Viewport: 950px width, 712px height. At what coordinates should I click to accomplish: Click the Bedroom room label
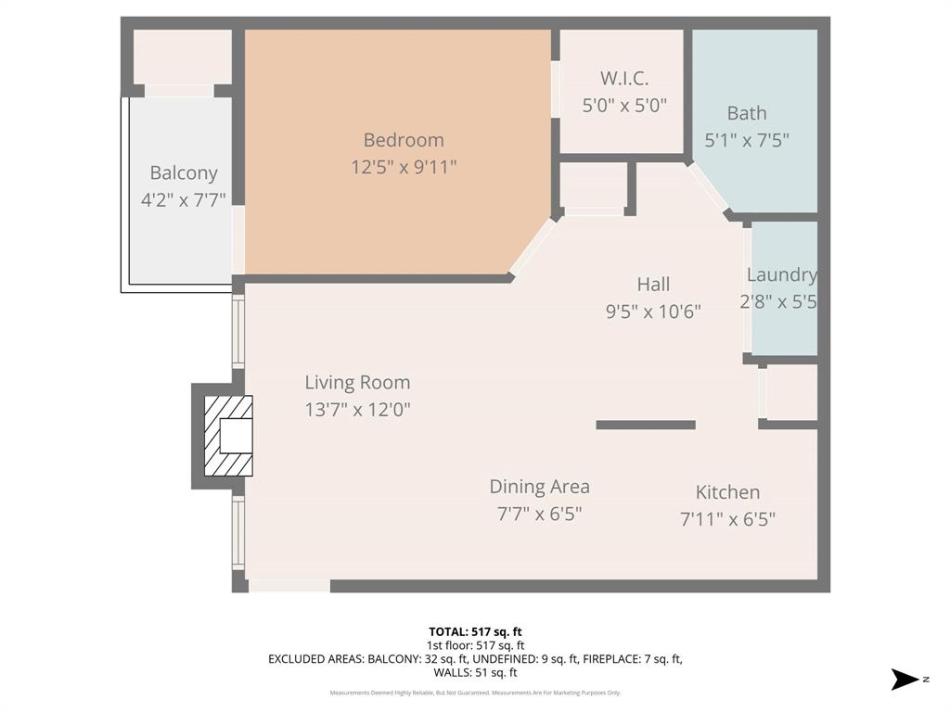[404, 140]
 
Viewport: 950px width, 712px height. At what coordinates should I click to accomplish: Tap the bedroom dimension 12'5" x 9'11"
[404, 167]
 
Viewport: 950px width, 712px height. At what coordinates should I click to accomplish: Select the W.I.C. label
[623, 79]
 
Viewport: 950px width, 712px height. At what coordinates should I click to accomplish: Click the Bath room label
[747, 113]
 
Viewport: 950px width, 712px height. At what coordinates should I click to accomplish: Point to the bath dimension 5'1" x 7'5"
[747, 140]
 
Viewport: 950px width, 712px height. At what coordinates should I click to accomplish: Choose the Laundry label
[782, 274]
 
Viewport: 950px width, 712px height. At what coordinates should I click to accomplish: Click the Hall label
[653, 284]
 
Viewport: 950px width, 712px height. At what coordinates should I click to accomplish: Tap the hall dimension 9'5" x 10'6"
[653, 311]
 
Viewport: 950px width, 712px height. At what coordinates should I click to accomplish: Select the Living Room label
[357, 382]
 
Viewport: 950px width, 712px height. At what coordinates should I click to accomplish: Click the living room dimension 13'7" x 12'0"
[357, 409]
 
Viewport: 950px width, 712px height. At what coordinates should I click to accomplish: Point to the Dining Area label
[539, 487]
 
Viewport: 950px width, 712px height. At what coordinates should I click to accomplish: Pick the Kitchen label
[727, 492]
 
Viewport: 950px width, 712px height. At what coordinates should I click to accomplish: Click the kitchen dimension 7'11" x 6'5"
[727, 518]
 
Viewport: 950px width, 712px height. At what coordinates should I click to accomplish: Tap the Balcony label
[184, 172]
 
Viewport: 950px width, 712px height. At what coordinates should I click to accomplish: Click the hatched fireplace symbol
[227, 436]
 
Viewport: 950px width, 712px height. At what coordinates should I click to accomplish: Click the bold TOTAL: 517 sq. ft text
[475, 632]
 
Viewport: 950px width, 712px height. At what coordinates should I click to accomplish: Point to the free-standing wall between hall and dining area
[646, 425]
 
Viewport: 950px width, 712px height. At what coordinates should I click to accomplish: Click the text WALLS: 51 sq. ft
[475, 673]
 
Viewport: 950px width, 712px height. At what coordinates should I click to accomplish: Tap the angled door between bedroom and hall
[533, 247]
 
